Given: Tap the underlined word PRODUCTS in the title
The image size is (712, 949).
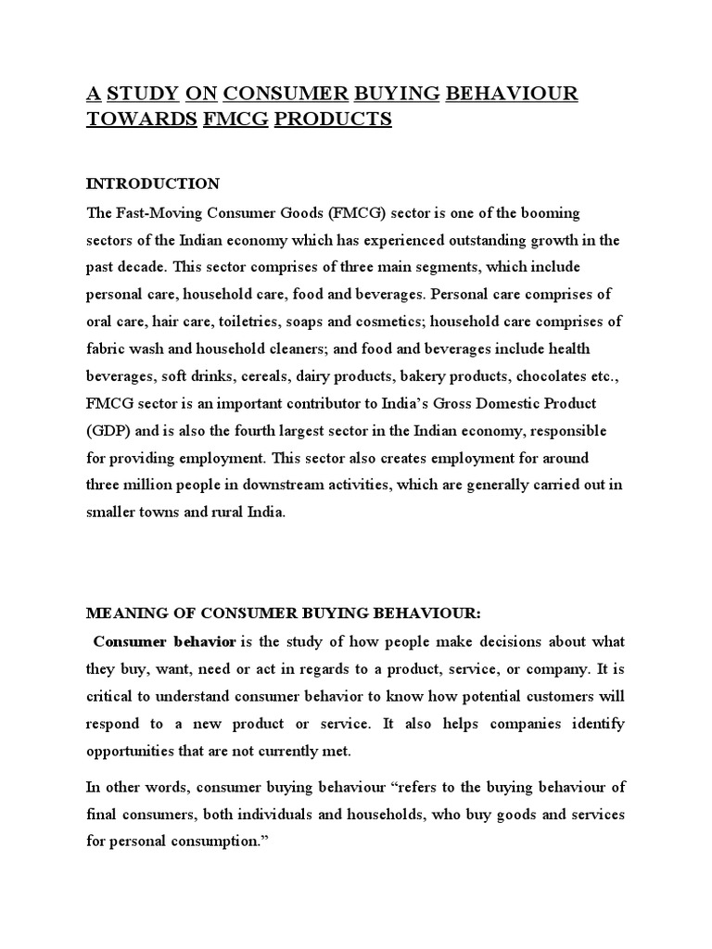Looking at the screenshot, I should click(332, 120).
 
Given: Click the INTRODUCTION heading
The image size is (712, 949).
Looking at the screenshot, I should click(153, 183).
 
